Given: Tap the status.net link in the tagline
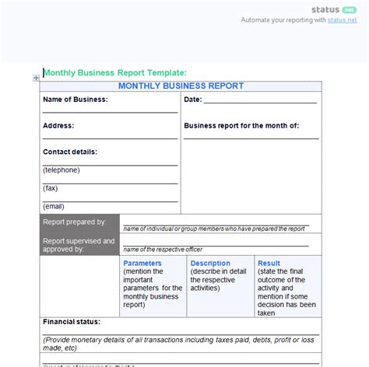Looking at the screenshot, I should [343, 20].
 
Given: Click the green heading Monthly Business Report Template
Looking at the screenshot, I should [114, 72].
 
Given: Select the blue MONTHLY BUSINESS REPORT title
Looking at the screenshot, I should [181, 86].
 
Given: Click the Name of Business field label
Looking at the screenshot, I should [76, 100].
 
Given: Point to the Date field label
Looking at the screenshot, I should [193, 100].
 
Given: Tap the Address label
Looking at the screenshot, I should [58, 125].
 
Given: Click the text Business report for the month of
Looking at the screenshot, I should [241, 125].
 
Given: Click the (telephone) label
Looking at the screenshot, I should [61, 170].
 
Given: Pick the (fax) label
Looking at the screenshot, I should [50, 188].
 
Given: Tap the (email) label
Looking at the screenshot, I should [53, 206].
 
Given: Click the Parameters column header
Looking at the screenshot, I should [142, 264].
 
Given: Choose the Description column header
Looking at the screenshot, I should [210, 264].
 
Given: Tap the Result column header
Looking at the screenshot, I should [269, 264].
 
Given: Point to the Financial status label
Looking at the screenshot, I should [72, 321].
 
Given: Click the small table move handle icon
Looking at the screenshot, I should [36, 77].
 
